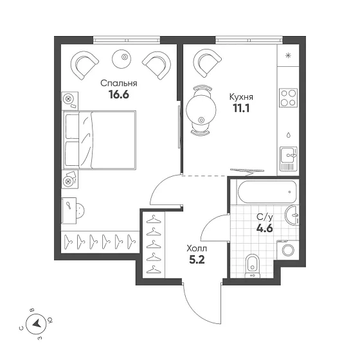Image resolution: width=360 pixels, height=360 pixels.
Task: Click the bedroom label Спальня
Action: pos(119,84)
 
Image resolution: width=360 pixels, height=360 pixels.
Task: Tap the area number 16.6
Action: pos(119,94)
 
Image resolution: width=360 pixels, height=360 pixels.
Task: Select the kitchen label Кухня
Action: pos(241,97)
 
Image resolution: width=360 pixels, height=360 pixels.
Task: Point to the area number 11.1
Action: pos(241,108)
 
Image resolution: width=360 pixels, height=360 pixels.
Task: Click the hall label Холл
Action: pos(197,248)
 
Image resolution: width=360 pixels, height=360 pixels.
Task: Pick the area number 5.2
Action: pos(197,260)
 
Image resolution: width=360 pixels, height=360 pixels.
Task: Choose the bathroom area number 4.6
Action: pos(265,228)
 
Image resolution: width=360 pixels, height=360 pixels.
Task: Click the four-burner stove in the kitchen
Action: pos(289,98)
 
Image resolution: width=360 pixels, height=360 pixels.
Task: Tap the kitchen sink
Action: pos(289,158)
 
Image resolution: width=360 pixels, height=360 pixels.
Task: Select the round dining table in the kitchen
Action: pos(201,109)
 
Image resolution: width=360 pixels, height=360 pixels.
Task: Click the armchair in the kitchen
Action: pos(207,63)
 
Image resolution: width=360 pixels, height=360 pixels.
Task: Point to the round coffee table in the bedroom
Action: pos(122,59)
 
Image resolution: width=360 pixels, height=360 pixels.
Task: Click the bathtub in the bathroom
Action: pos(267,192)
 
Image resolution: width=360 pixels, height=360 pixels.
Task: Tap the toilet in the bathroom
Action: pos(253,265)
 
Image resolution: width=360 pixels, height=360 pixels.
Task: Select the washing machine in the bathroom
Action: pos(288,250)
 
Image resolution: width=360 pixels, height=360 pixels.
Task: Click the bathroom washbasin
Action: pos(292,215)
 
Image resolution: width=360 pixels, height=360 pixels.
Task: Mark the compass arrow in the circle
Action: pos(37,324)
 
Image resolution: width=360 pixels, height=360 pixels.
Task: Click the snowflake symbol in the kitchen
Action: pos(288,55)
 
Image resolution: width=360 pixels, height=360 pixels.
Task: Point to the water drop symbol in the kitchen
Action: pos(289,135)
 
